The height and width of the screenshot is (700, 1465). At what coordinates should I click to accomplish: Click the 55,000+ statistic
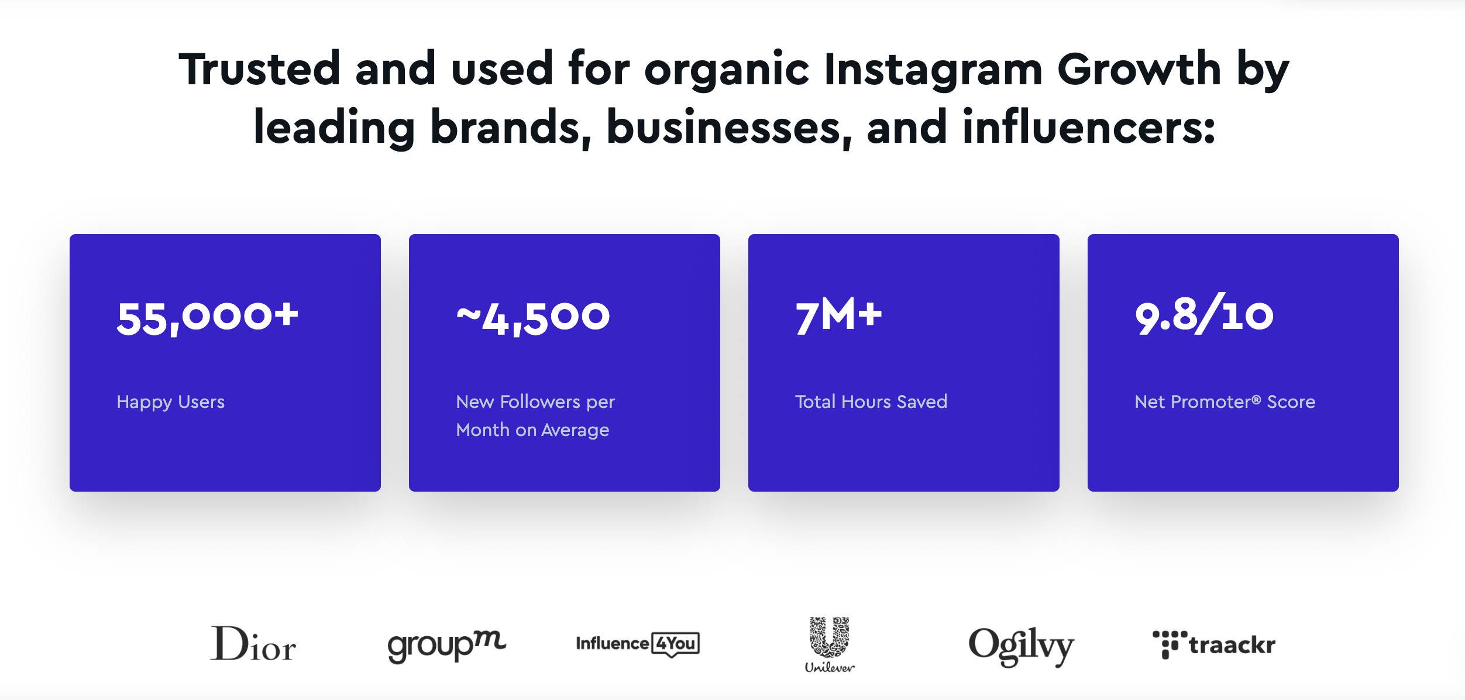[x=208, y=318]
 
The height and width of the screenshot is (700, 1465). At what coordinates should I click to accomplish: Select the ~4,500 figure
[x=533, y=318]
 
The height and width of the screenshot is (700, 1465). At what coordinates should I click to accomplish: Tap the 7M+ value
[x=838, y=315]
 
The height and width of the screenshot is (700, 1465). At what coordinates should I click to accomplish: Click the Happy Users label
[x=171, y=402]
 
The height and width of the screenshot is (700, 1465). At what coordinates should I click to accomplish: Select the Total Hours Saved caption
[x=871, y=402]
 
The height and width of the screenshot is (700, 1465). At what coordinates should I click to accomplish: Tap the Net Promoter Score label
[x=1225, y=402]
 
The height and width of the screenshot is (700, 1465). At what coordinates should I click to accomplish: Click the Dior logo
[x=253, y=643]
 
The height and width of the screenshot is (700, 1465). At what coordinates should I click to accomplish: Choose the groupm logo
[x=447, y=646]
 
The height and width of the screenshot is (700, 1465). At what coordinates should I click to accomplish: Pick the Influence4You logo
[x=638, y=644]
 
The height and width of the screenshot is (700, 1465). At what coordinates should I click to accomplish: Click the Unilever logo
[x=830, y=644]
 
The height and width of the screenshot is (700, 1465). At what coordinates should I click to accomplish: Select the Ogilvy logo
[x=1022, y=646]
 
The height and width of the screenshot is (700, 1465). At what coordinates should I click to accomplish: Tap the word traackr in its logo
[x=1232, y=645]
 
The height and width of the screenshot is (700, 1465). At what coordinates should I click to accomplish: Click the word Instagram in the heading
[x=933, y=69]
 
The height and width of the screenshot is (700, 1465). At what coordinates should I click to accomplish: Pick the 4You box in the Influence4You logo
[x=676, y=644]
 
